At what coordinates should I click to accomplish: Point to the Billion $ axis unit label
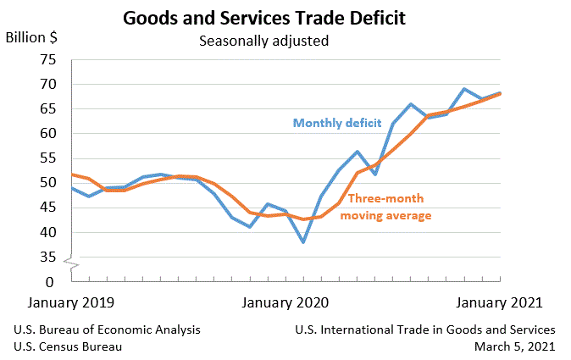point(31,37)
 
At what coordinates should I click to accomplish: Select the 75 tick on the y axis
point(47,59)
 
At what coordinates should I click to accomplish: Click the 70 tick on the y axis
point(47,84)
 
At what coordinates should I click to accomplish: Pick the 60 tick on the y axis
point(47,134)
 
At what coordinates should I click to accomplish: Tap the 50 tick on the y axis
point(47,183)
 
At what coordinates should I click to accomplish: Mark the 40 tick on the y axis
point(47,232)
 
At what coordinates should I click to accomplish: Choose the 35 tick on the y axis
point(47,257)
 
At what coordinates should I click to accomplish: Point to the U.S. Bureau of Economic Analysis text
point(108,330)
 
